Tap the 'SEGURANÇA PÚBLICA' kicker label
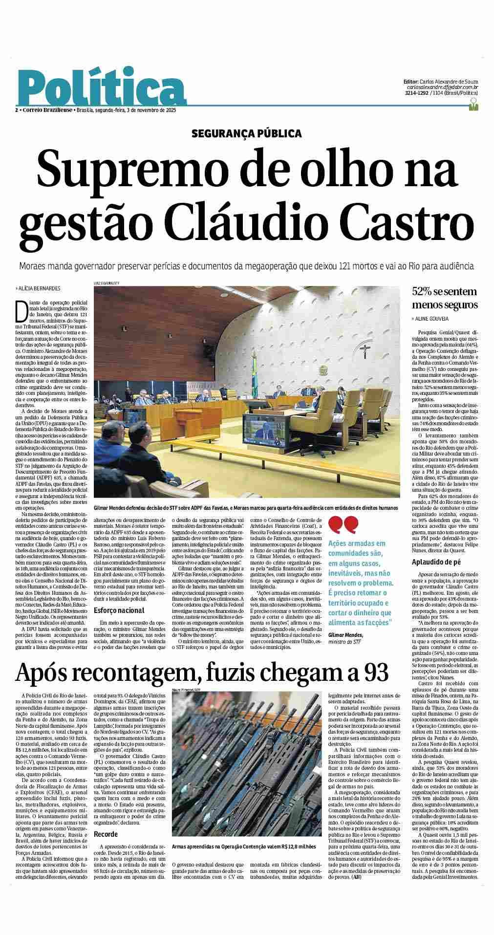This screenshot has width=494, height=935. tap(246, 133)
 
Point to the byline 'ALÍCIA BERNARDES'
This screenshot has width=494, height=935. tap(39, 288)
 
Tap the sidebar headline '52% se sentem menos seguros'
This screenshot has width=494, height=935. tap(444, 298)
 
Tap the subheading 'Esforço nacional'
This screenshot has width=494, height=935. tap(119, 610)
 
